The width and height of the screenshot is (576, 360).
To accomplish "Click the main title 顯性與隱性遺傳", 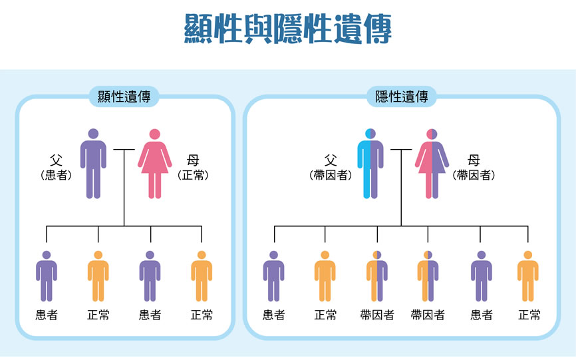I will (x=287, y=29).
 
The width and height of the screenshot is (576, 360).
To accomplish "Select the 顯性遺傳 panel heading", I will (x=124, y=97).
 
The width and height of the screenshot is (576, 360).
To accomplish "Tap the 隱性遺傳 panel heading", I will (x=401, y=97).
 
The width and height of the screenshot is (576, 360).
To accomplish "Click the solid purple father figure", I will (x=93, y=164).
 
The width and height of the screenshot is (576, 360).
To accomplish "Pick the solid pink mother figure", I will (x=155, y=164).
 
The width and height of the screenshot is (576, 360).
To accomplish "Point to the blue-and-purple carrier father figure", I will (x=370, y=164).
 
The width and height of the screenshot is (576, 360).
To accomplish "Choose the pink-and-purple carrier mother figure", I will (x=432, y=164).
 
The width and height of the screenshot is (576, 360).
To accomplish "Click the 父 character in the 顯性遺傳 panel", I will (x=56, y=160).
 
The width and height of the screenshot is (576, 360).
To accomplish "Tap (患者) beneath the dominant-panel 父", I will (x=56, y=176).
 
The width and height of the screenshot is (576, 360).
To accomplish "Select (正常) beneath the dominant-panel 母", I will (x=194, y=176).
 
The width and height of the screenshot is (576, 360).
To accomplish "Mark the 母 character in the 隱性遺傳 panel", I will (x=474, y=160).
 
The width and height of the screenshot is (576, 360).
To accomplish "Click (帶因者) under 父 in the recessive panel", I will (x=331, y=176).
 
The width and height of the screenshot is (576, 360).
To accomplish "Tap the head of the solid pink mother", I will (x=155, y=134).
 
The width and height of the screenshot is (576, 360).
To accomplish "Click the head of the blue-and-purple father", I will (x=370, y=133).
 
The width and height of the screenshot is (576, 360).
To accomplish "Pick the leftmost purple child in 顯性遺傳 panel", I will (x=46, y=276).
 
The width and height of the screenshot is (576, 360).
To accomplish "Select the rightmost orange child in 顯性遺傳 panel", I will (x=202, y=276).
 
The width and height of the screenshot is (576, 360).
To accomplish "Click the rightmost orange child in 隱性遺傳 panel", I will (x=528, y=276).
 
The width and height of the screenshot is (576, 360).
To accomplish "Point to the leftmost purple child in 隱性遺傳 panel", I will (x=273, y=276).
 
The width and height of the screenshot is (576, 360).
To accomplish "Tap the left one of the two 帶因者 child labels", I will (x=377, y=315).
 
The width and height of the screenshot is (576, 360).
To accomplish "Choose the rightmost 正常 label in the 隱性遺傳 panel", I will (x=529, y=315).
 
